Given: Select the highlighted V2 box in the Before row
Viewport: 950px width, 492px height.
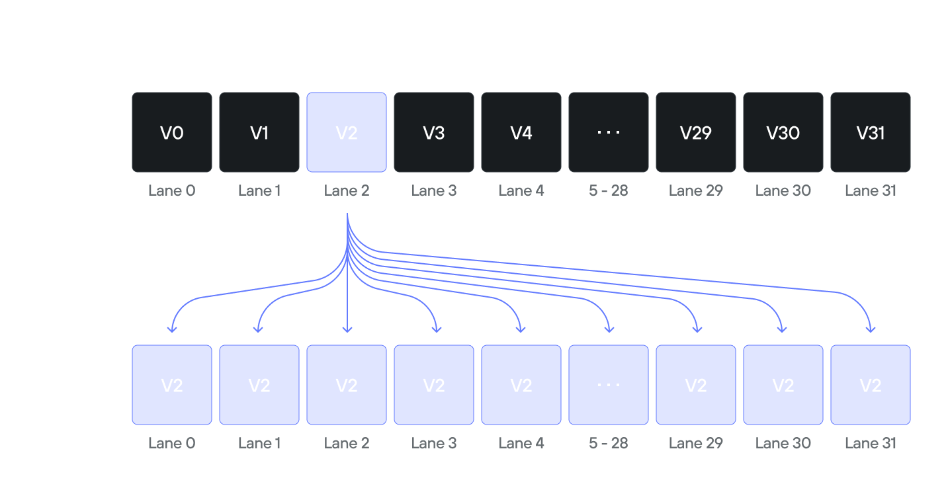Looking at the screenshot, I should point(347,132).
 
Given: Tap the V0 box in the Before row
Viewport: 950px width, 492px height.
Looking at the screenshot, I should point(172,132).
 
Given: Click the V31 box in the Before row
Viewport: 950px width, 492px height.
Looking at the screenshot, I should point(871,132).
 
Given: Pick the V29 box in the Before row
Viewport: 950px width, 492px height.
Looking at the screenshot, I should point(696,132).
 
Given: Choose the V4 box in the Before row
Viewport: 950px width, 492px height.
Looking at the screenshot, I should point(521,132).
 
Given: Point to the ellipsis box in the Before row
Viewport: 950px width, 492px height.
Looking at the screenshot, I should point(609,132).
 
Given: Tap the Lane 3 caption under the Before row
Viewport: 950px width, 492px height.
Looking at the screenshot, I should point(434,191).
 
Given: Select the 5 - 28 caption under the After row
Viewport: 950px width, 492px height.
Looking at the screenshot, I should point(609,443).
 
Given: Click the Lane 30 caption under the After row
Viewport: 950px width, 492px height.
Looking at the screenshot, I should point(783,443).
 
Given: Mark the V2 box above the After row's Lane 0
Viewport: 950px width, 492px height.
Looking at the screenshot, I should point(172,385).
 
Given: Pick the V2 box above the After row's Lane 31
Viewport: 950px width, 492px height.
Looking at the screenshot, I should point(871,385).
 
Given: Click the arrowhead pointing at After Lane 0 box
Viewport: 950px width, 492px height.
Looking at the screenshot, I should point(172,327).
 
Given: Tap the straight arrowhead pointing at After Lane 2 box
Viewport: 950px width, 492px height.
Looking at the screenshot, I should point(347,328).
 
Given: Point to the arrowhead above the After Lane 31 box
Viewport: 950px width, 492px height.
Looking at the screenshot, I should point(871,327).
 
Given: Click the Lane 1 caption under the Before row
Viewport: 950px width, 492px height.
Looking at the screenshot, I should point(259,191).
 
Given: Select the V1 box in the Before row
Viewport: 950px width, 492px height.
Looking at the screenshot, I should point(259,132).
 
